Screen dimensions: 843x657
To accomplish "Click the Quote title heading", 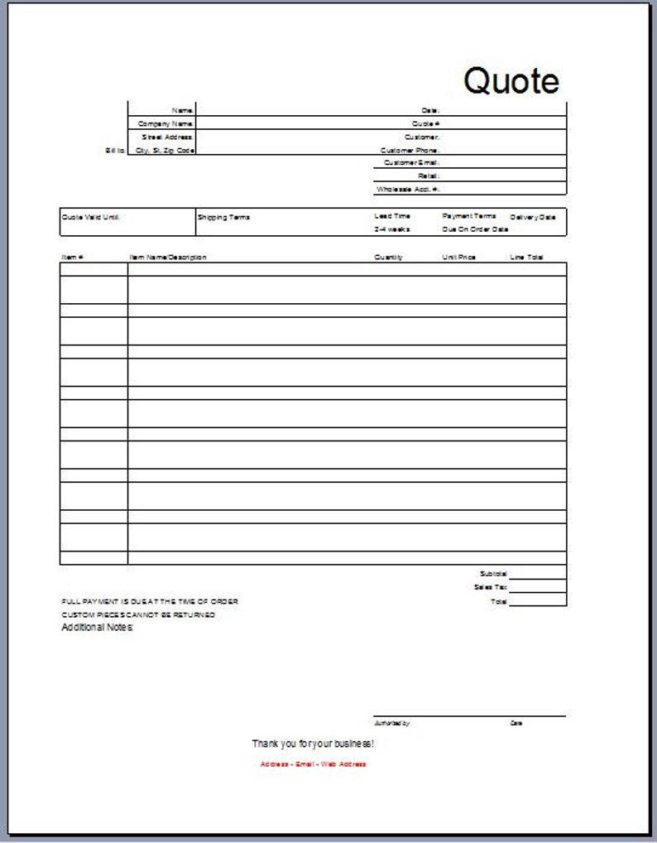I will [x=511, y=80].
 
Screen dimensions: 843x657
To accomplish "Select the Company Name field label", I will [x=165, y=123].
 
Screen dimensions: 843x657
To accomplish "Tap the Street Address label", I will [x=167, y=137].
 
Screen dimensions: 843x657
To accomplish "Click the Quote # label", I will [x=426, y=123].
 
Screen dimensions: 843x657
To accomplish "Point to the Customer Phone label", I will [x=410, y=151].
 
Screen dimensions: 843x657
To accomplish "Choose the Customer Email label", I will [x=411, y=163].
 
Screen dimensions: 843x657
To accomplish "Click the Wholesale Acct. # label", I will [x=408, y=190].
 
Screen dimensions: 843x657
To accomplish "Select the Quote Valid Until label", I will [x=91, y=216].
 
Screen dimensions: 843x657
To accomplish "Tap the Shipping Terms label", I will [x=223, y=217].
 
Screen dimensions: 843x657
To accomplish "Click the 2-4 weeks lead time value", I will [x=391, y=229].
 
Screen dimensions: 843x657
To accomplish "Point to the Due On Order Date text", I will [x=475, y=229].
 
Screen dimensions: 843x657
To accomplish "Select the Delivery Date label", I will [x=533, y=217].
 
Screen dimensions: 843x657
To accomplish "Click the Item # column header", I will [x=72, y=258].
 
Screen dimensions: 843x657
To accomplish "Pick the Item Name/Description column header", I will [x=168, y=258].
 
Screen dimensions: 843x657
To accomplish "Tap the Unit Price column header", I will [x=458, y=258].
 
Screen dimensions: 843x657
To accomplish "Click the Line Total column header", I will [x=526, y=258].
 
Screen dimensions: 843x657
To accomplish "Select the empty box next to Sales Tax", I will [x=538, y=587].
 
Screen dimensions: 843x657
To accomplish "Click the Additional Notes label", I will [x=97, y=628].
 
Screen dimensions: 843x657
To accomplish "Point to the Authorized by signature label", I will [x=391, y=724].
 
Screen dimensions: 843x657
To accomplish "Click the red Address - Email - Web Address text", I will [x=313, y=764].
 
